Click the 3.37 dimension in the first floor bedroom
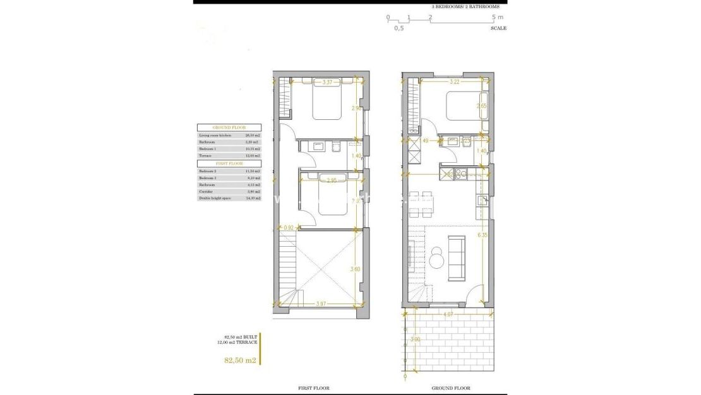pyautogui.click(x=327, y=82)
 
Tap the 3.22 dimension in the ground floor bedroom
pyautogui.click(x=453, y=82)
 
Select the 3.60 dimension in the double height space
pyautogui.click(x=355, y=269)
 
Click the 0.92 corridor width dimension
pyautogui.click(x=289, y=227)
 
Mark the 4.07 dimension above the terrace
pyautogui.click(x=448, y=314)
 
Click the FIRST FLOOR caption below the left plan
pyautogui.click(x=313, y=388)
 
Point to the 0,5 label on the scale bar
pyautogui.click(x=399, y=28)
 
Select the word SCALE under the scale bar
pyautogui.click(x=498, y=28)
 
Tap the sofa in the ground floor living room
pyautogui.click(x=455, y=257)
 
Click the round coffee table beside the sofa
pyautogui.click(x=436, y=257)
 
